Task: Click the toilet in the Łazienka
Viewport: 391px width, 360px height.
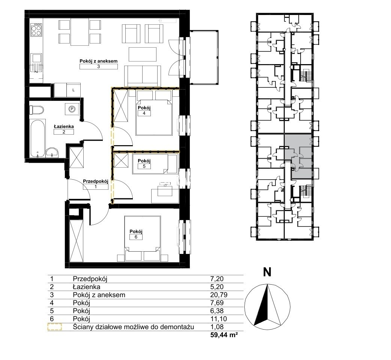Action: (36, 110)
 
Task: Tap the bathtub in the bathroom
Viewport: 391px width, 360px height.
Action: (38, 138)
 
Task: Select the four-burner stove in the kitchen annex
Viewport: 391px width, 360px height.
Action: (36, 30)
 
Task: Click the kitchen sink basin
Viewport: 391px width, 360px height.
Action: (36, 58)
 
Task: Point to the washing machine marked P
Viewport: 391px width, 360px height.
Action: (72, 109)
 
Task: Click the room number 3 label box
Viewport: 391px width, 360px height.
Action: (98, 66)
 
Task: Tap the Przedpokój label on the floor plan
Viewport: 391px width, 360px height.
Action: (96, 181)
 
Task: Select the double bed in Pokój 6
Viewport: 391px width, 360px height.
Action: (143, 238)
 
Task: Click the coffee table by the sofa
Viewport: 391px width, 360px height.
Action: (143, 54)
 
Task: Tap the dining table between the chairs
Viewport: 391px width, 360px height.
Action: (80, 32)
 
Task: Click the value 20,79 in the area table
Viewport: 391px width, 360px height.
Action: (219, 295)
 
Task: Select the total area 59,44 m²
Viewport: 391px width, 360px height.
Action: (224, 335)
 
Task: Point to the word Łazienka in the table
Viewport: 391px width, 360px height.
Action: (87, 287)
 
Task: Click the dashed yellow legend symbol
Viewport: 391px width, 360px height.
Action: (55, 327)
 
